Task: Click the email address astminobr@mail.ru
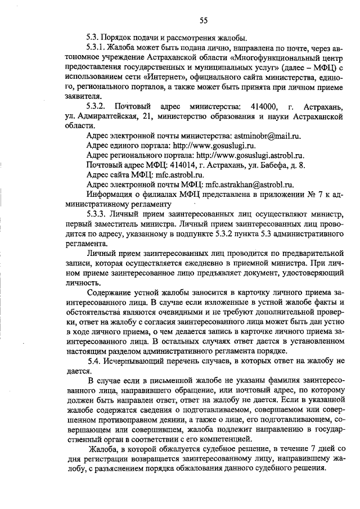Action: pyautogui.click(x=269, y=136)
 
